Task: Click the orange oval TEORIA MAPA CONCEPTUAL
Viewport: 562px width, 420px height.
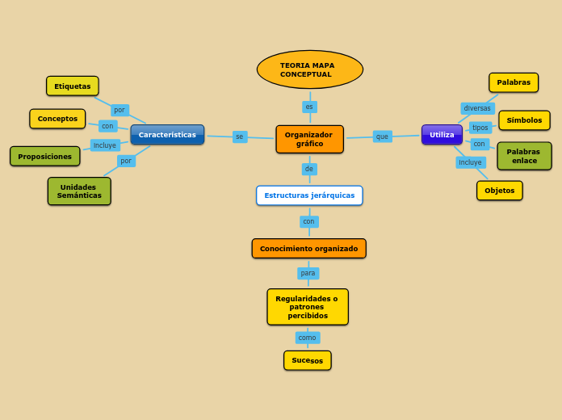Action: pos(310,69)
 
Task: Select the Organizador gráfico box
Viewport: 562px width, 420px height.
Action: pos(309,139)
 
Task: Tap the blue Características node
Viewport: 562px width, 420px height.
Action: pos(167,135)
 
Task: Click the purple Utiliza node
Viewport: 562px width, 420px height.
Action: pos(442,135)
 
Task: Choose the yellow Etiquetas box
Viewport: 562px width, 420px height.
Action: pos(73,86)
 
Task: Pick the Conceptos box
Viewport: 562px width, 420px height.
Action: pos(57,119)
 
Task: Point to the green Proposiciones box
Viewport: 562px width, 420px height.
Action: pos(45,157)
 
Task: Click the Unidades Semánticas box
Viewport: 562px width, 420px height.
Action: pos(79,191)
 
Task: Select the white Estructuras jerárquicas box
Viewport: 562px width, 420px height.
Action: pos(309,195)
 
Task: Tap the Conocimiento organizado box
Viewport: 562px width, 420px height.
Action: pos(308,249)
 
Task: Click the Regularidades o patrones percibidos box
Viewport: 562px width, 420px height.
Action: pos(308,307)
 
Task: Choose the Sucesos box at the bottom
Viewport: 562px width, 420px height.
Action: pos(307,360)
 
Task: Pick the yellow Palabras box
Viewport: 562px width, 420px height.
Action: pos(514,82)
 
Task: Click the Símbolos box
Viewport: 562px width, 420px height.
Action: pos(524,120)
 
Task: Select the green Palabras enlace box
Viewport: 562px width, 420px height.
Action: pos(524,156)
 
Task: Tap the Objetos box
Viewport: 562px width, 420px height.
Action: pos(499,191)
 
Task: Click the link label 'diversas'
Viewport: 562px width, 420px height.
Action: pos(477,108)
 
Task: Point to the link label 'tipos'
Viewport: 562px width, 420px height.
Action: pos(480,128)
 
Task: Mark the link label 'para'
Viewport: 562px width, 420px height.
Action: pos(308,273)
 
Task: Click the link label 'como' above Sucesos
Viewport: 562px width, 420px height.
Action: pos(308,338)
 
